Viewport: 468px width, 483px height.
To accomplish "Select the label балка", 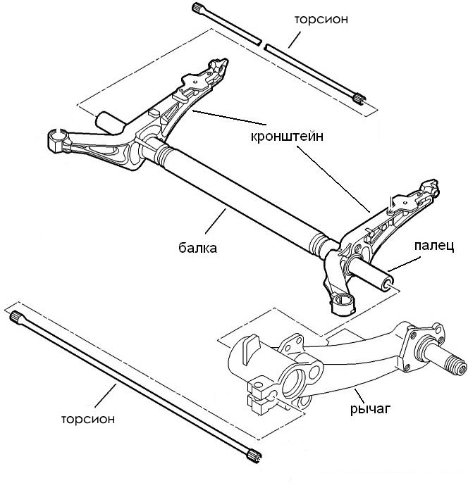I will pos(197,248).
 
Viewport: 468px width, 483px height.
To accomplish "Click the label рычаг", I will pos(371,408).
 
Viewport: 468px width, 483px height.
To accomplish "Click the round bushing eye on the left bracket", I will pos(58,137).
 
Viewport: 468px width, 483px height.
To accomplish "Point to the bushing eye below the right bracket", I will pos(343,303).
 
